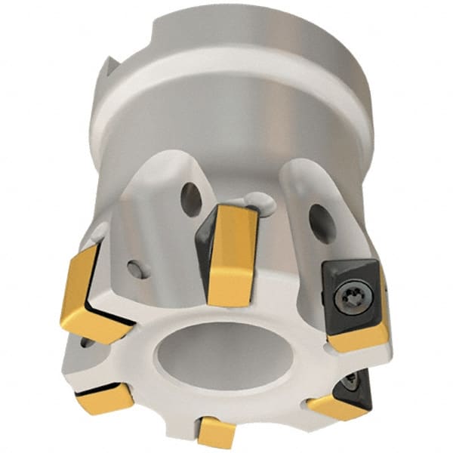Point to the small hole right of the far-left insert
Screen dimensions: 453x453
coord(134,270)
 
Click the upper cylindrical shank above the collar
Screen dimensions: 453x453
coord(249,38)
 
